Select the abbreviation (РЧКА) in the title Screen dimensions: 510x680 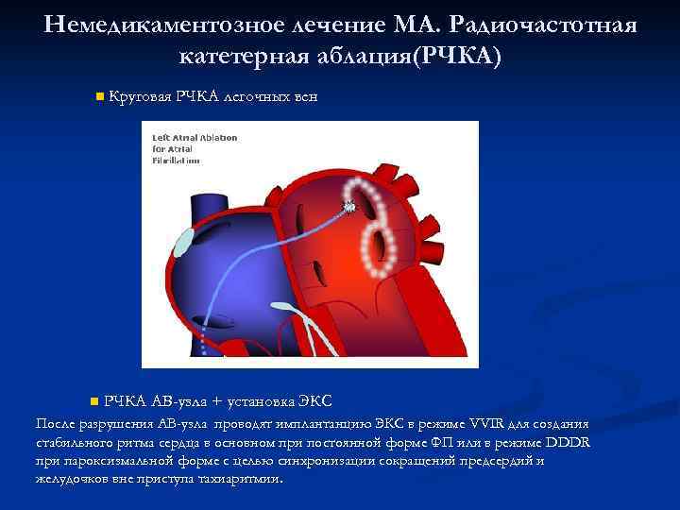point(447,57)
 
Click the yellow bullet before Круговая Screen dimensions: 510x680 point(99,95)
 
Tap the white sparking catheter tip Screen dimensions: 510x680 point(349,204)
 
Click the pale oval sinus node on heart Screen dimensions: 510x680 point(185,242)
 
